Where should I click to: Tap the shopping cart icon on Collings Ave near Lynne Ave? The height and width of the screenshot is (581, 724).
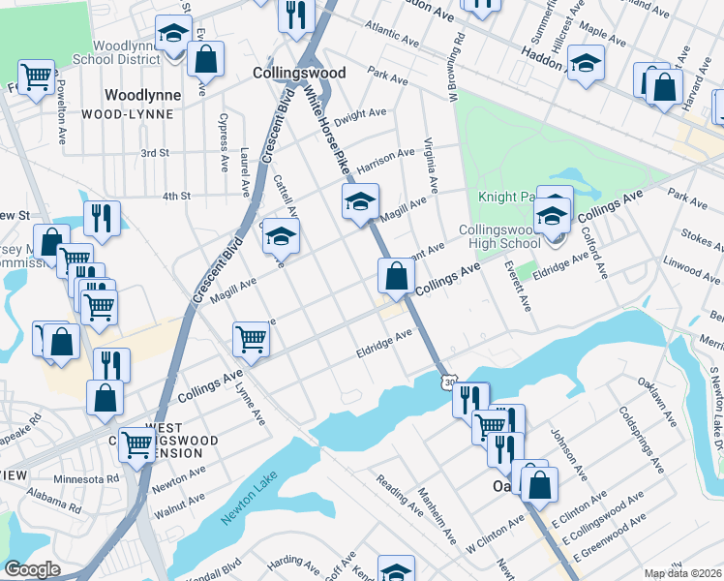251,339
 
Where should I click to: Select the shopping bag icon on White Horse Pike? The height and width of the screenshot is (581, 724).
396,276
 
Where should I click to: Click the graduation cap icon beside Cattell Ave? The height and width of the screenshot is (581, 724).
281,235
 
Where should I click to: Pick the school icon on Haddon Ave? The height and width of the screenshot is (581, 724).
585,63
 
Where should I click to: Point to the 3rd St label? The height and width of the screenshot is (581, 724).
155,153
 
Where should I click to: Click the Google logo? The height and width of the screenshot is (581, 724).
32,569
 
